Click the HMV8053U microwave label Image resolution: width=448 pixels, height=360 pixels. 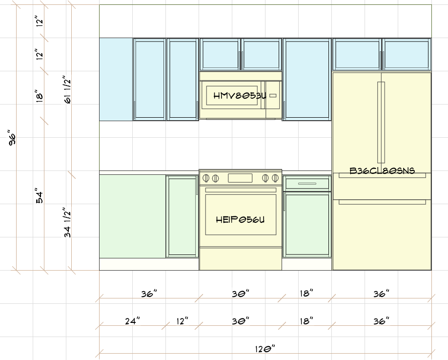[240, 96]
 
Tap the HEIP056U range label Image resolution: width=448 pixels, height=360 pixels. [240, 220]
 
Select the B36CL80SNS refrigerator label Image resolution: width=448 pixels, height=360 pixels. [382, 170]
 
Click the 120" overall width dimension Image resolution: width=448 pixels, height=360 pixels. [265, 349]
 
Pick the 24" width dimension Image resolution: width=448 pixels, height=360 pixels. [133, 321]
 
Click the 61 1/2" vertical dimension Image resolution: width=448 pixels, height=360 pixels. [67, 89]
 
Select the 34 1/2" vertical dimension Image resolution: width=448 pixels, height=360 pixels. [67, 222]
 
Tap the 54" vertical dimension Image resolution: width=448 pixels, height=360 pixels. [40, 195]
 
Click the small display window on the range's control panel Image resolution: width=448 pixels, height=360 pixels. [240, 178]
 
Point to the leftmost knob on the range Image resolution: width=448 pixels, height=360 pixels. [206, 178]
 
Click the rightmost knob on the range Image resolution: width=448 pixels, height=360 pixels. [275, 178]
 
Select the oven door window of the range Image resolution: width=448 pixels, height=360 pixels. [241, 215]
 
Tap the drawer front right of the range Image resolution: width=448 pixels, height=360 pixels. [307, 183]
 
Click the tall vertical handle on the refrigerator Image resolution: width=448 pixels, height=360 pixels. [381, 123]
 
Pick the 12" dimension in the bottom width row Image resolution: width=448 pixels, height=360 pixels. [183, 321]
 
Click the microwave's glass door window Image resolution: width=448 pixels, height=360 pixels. [232, 96]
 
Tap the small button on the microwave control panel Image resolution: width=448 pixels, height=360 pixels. [273, 96]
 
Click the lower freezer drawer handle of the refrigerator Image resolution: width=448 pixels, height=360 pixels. [382, 202]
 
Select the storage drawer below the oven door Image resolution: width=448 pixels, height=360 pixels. [241, 258]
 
